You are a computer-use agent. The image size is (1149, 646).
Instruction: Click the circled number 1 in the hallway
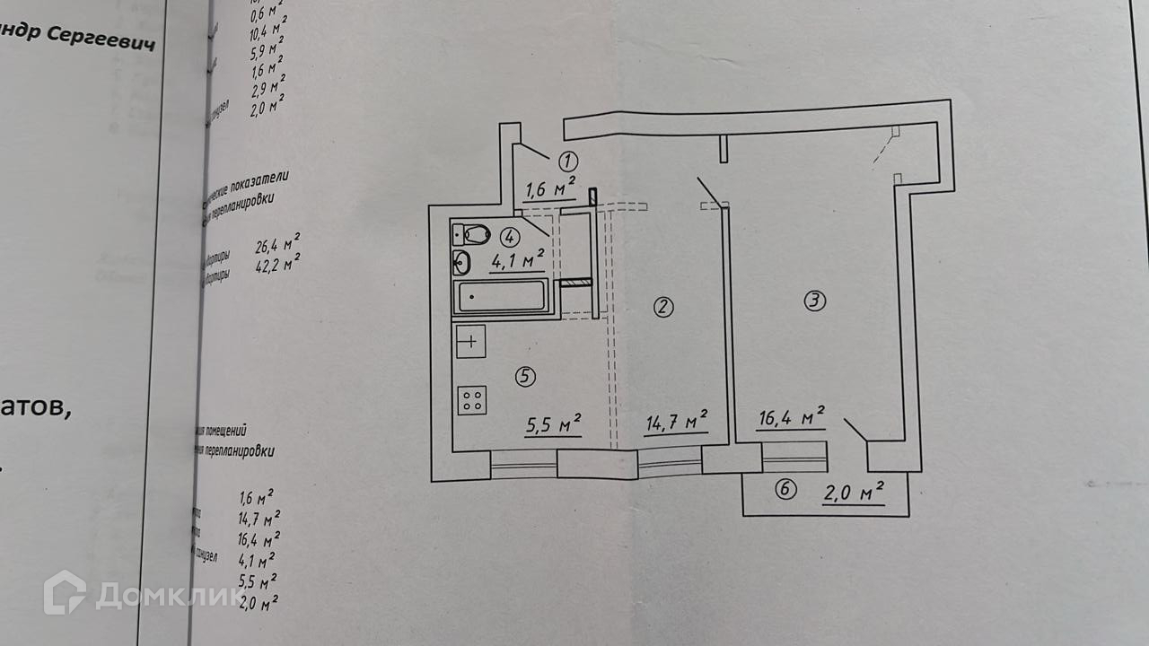coord(567,161)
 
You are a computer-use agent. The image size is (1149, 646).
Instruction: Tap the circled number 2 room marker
coord(663,308)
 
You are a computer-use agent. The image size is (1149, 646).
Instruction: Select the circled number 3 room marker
coord(813,301)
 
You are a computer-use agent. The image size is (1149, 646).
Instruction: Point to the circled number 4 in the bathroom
coord(509,238)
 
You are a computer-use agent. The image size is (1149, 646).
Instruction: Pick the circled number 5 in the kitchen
coord(524,377)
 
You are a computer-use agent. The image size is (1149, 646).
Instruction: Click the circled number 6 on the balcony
coord(785,490)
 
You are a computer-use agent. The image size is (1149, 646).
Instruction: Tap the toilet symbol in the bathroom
coord(471,235)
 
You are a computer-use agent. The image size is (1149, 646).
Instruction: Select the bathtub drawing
coord(501,296)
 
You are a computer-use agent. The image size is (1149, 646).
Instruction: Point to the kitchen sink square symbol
coord(471,342)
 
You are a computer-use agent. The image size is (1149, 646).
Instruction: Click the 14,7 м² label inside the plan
coord(676,421)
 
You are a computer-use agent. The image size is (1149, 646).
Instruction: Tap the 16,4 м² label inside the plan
coord(790,417)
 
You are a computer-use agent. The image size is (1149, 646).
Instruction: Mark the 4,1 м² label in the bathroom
coord(517,261)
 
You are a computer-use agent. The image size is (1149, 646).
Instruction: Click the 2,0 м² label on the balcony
coord(853,493)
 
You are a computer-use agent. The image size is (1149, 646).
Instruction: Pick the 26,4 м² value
coord(277,244)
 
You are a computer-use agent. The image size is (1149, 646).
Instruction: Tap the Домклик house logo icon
coord(66,592)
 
